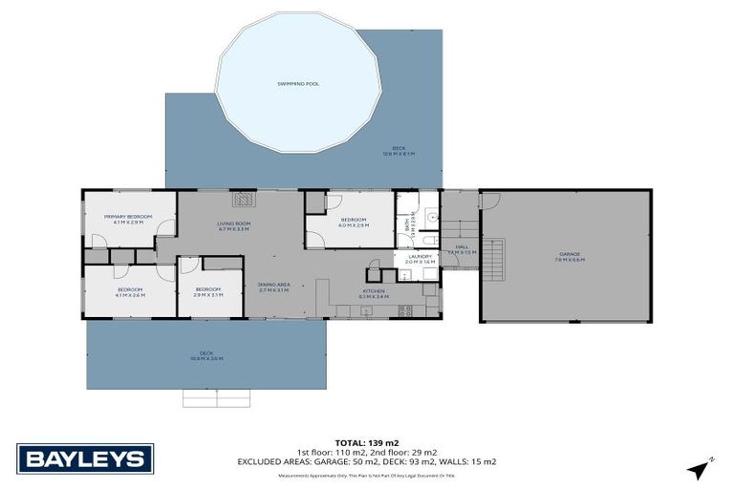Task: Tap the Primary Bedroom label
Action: coord(128,220)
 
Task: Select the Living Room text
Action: coord(233,226)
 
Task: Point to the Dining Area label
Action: coord(273,287)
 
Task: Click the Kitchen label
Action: coord(373,294)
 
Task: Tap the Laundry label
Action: coord(421,258)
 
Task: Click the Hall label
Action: coord(462,249)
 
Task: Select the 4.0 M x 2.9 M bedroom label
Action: coord(353,223)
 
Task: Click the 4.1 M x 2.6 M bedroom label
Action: coord(130,291)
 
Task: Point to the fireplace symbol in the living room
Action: coord(246,199)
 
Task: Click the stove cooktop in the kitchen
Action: coord(405,308)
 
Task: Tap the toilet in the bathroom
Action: coord(431,239)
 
